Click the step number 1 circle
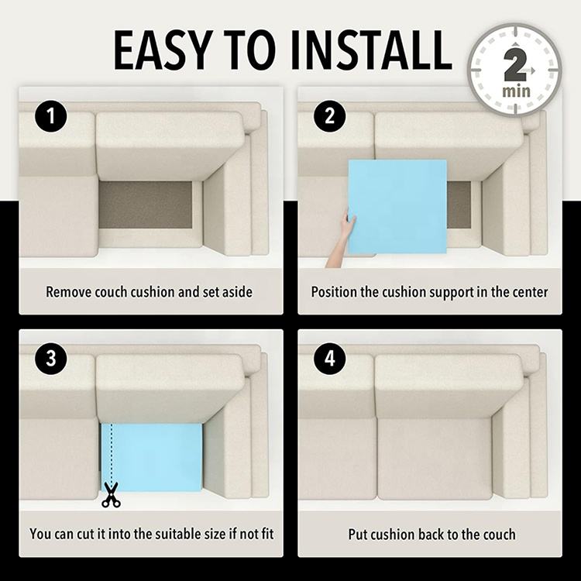(x=51, y=116)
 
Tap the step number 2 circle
(x=329, y=116)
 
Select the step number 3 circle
(x=51, y=359)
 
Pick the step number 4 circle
(x=329, y=359)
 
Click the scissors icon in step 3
(x=111, y=495)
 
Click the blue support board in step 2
(x=397, y=206)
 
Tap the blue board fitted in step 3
(x=152, y=457)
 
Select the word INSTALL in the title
(x=370, y=50)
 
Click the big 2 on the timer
(x=514, y=66)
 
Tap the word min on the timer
(x=516, y=91)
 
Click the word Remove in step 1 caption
(x=68, y=292)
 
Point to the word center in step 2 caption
(x=530, y=292)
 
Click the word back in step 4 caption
(x=431, y=535)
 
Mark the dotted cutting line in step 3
(x=111, y=452)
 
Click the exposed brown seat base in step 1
(x=146, y=205)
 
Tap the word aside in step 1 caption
(x=237, y=292)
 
